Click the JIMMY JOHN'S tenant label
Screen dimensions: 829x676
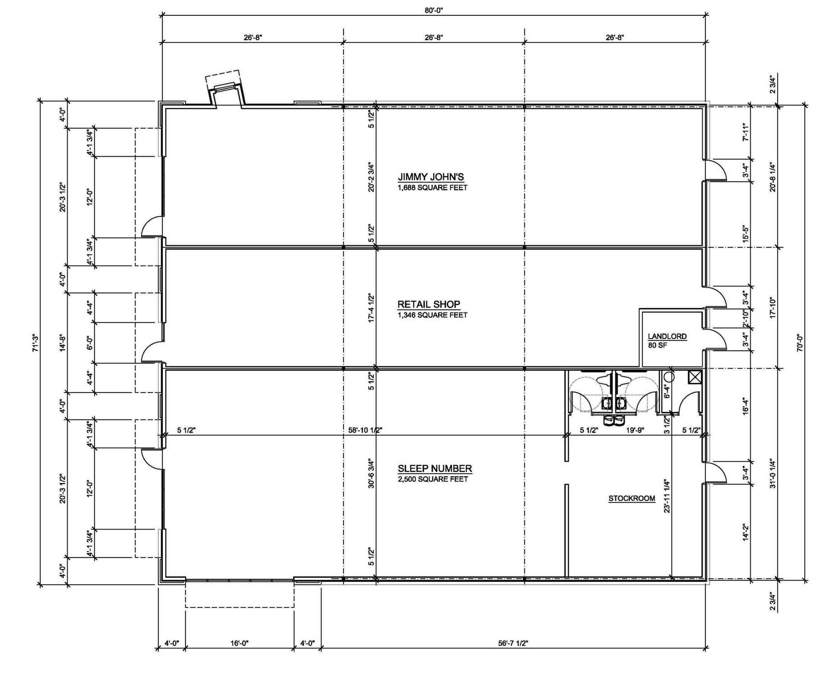point(431,177)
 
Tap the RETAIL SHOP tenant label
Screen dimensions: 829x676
point(429,304)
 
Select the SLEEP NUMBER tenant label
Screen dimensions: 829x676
point(435,468)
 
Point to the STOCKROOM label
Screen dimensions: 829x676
point(632,498)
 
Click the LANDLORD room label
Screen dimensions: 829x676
point(667,336)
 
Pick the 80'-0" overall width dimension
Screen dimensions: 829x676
point(434,10)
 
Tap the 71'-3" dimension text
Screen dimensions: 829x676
point(36,343)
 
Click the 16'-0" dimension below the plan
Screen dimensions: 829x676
point(239,643)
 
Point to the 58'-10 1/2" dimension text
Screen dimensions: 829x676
point(365,430)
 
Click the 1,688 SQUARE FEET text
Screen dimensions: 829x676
point(432,187)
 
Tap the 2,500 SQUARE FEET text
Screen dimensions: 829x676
point(433,479)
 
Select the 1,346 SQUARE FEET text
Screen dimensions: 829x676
point(432,315)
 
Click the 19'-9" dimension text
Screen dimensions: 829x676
point(635,430)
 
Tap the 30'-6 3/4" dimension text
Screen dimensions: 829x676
point(371,474)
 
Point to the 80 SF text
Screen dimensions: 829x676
point(657,346)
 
